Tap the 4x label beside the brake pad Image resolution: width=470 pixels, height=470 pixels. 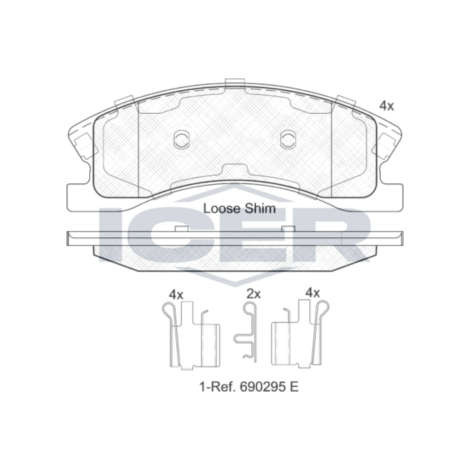(x=386, y=106)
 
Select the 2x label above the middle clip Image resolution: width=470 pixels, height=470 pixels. (x=254, y=294)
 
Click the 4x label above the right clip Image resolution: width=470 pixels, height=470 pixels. (x=313, y=292)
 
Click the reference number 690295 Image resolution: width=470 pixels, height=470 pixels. (x=262, y=387)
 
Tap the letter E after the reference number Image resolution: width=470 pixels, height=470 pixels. (x=294, y=387)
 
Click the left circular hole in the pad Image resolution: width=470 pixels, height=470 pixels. (x=181, y=139)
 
